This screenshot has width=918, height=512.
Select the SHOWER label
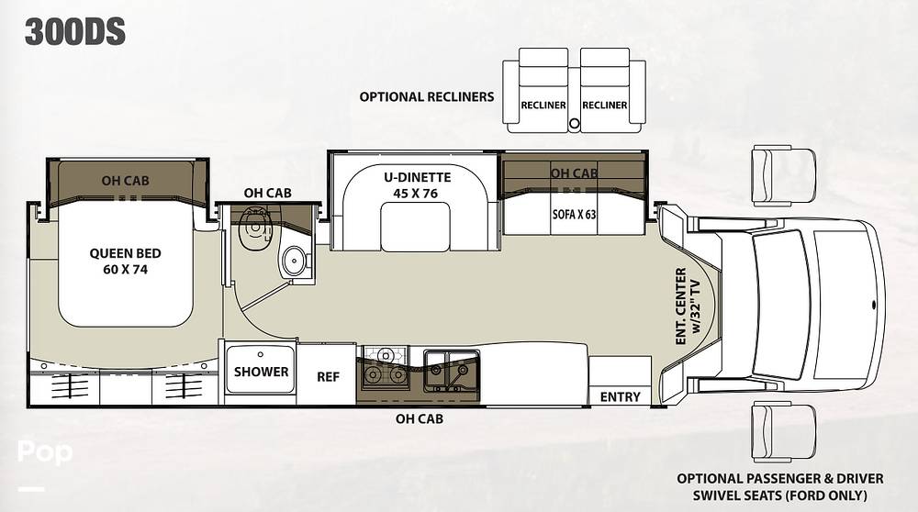pyautogui.click(x=261, y=372)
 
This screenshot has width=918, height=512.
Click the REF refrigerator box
pyautogui.click(x=328, y=376)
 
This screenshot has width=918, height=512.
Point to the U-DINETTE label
pyautogui.click(x=414, y=184)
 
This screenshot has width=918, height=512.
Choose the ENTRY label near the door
pyautogui.click(x=620, y=396)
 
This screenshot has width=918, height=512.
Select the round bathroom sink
pyautogui.click(x=295, y=262)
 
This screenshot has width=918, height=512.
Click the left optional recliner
pyautogui.click(x=543, y=95)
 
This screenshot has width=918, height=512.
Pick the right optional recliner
pyautogui.click(x=604, y=95)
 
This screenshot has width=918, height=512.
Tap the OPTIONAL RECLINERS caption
pyautogui.click(x=426, y=96)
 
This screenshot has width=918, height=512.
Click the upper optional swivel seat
pyautogui.click(x=782, y=174)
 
